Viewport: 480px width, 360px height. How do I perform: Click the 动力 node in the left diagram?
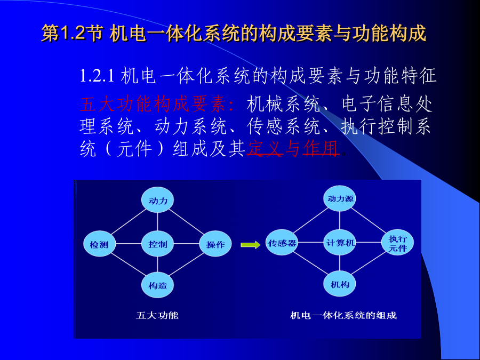coord(158,200)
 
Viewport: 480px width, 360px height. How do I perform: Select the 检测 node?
coord(100,244)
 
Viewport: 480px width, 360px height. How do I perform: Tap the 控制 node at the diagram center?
coord(158,244)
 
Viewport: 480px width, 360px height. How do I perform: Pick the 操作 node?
coord(215,244)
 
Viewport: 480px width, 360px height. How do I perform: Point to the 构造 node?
coord(158,285)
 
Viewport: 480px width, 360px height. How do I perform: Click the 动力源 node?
coord(340,198)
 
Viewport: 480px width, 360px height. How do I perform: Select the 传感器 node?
coord(282,243)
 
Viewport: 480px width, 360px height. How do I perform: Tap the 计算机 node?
coord(340,243)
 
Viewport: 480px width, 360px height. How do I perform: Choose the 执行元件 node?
coord(398,243)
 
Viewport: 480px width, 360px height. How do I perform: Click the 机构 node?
coord(340,284)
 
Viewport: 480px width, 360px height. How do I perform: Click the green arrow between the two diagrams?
coord(251,245)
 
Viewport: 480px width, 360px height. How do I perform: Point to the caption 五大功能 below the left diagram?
coord(157,315)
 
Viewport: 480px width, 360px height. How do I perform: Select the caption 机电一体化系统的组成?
coord(343,315)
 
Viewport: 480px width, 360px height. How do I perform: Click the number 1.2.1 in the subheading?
coord(97,76)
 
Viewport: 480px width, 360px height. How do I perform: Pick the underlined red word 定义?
coord(265,148)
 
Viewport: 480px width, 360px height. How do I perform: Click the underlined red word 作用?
coord(321,148)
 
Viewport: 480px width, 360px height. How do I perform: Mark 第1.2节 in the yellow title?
coord(72,33)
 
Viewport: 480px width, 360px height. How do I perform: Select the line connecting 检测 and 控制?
coord(129,244)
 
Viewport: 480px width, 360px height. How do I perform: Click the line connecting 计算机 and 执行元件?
coord(369,243)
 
